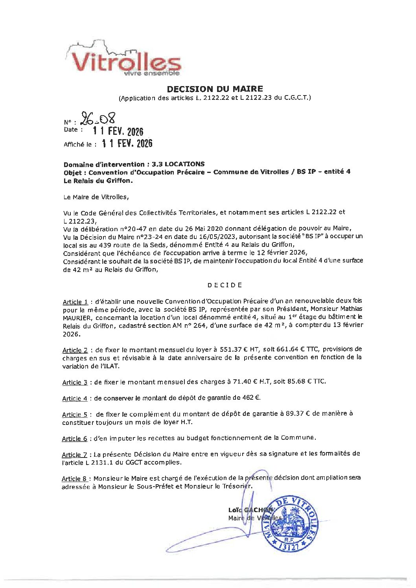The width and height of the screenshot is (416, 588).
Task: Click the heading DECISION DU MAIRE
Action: click(x=215, y=89)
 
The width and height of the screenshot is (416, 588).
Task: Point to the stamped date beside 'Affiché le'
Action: click(x=127, y=144)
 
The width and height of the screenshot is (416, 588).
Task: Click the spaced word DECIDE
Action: click(x=225, y=285)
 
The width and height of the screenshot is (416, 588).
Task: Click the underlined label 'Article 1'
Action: click(x=75, y=302)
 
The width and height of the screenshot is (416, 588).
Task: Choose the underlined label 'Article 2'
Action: click(x=75, y=350)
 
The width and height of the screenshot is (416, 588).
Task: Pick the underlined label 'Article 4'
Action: click(x=74, y=399)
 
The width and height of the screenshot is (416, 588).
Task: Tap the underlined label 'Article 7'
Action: click(x=74, y=455)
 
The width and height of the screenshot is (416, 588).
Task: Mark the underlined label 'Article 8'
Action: click(x=74, y=479)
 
